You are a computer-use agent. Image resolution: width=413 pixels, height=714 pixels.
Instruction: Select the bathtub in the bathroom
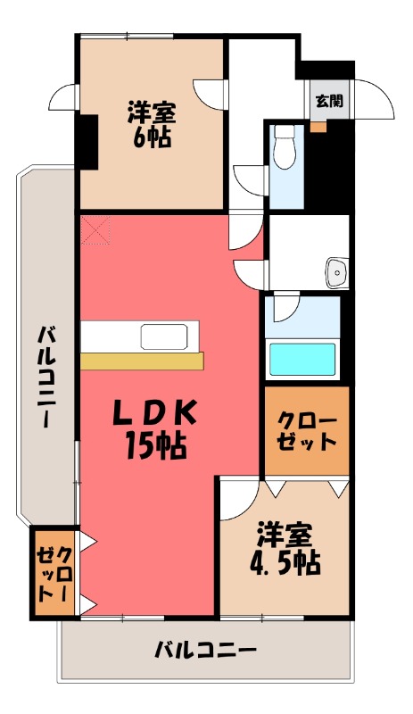302,358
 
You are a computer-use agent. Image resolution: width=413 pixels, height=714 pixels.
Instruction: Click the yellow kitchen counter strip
142,361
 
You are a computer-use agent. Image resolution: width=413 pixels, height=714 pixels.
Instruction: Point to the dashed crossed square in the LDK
97,230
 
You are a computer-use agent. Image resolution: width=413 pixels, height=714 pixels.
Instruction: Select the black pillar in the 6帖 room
87,141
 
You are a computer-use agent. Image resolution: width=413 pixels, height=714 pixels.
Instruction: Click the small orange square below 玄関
318,126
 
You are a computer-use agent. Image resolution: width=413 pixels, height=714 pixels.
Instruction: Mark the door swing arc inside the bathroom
285,309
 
